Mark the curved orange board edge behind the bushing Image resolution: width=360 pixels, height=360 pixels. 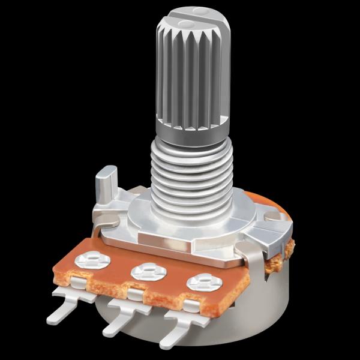click(x=273, y=207)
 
